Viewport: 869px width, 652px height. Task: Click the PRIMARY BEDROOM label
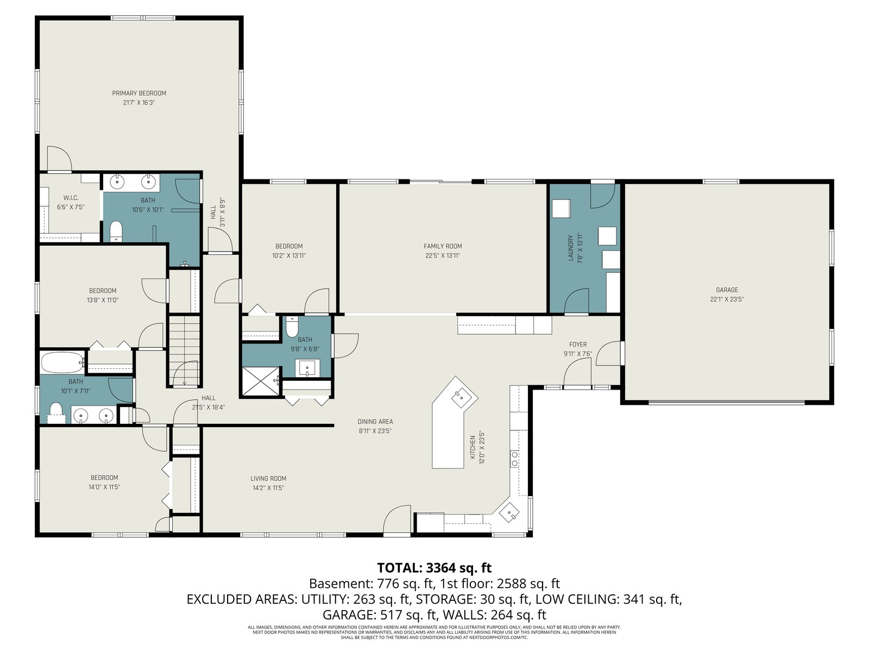pos(139,93)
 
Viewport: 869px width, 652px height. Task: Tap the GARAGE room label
pos(727,290)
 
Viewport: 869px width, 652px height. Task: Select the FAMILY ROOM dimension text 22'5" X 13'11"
pos(443,256)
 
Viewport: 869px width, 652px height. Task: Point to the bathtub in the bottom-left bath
pos(62,362)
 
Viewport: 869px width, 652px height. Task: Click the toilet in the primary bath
pos(116,231)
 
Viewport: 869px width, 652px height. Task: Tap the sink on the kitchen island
pos(461,397)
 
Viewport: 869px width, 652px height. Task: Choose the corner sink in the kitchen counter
pos(509,513)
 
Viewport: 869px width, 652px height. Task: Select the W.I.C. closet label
pos(71,198)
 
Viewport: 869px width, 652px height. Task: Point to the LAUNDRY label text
pos(570,248)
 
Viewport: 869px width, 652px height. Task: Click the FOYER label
pos(578,344)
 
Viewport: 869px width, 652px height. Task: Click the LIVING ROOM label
pos(268,479)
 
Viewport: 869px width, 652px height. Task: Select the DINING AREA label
pos(375,422)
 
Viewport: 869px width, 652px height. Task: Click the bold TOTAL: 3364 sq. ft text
pos(434,568)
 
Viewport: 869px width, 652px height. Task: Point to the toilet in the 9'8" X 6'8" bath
pos(292,327)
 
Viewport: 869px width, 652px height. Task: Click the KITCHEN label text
pos(473,447)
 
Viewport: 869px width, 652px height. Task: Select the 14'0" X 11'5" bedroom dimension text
pos(104,487)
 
